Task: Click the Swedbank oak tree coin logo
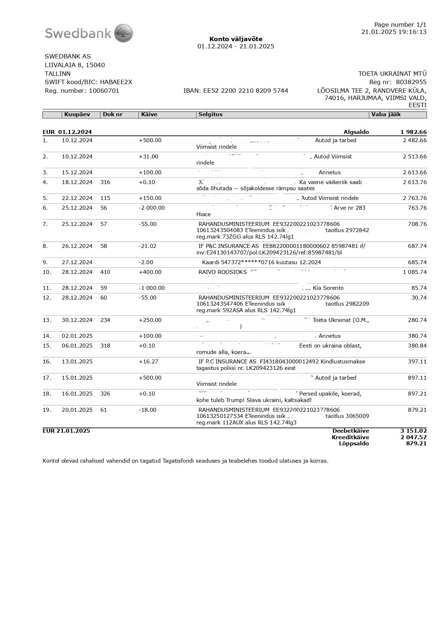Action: point(123,33)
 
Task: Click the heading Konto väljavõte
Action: point(236,39)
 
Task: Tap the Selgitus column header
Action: point(210,114)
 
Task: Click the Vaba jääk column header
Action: point(386,114)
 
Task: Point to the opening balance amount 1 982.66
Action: point(413,132)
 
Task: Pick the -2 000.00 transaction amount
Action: point(152,208)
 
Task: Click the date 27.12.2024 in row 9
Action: point(77,262)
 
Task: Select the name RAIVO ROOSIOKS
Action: point(223,272)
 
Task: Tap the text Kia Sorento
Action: point(328,288)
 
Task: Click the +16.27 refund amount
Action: point(148,362)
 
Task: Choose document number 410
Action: point(105,272)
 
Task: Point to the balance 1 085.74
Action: point(414,272)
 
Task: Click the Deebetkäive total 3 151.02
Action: point(413,431)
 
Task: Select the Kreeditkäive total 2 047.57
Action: point(413,437)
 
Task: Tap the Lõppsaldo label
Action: point(354,444)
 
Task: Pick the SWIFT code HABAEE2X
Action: point(116,82)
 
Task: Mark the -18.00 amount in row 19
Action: point(148,410)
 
